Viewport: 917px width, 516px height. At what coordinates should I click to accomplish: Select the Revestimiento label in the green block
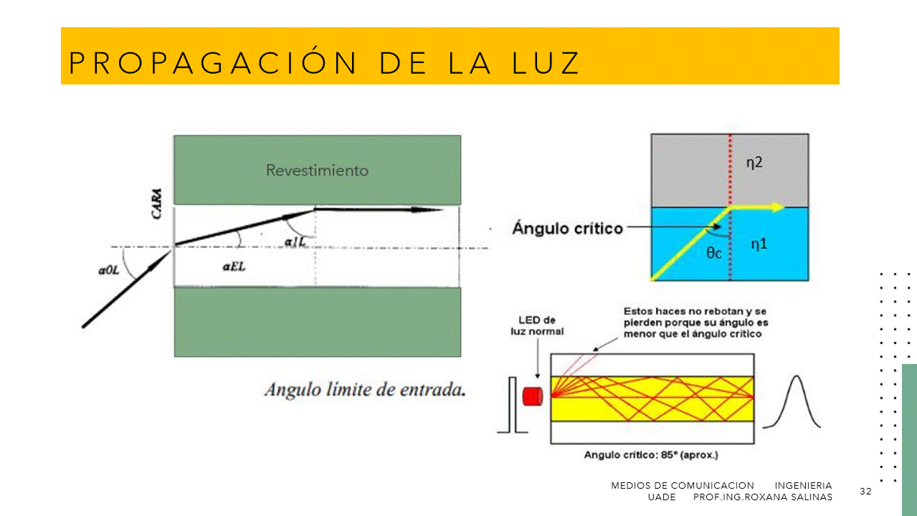[318, 171]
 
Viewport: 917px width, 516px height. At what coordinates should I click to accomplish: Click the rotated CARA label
[156, 204]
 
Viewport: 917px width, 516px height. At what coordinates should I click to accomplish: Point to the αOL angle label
[109, 270]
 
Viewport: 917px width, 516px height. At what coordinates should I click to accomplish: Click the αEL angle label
[234, 267]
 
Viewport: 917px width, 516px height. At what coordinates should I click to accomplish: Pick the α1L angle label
[295, 242]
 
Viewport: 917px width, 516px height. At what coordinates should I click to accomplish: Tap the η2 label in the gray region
[754, 163]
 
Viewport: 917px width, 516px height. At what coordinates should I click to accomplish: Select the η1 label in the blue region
[759, 244]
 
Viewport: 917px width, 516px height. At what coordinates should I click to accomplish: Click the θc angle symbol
[714, 253]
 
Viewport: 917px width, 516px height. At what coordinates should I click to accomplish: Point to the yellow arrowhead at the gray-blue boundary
[777, 207]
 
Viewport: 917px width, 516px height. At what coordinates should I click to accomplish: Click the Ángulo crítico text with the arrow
[567, 228]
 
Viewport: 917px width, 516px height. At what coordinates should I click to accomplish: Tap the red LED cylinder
[533, 396]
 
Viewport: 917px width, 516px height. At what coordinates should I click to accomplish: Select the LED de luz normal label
[537, 325]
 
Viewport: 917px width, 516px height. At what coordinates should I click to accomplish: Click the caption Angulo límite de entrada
[365, 390]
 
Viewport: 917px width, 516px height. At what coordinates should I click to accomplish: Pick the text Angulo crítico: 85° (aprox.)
[651, 455]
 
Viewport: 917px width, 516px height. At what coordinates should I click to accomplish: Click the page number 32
[865, 491]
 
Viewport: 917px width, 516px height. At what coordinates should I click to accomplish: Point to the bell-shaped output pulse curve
[792, 402]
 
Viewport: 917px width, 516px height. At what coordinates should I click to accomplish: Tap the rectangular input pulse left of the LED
[513, 405]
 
